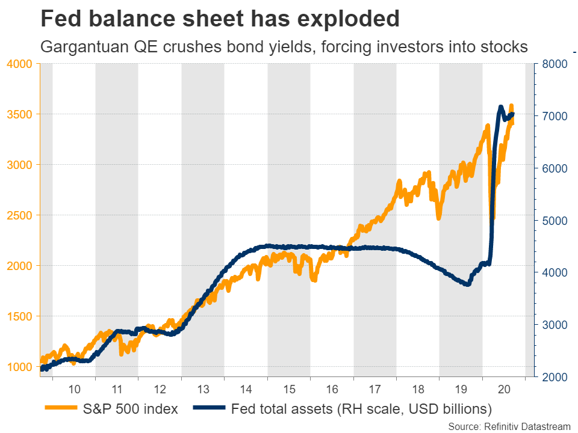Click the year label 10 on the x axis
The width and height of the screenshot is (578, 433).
coord(74,388)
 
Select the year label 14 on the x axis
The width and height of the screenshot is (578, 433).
coord(246,388)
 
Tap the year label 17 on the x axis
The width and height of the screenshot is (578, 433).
coord(374,388)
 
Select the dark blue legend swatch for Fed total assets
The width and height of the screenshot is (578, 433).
coord(209,410)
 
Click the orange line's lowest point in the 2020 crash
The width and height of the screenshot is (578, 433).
coord(493,218)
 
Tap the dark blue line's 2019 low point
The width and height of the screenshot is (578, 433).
coord(467,284)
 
